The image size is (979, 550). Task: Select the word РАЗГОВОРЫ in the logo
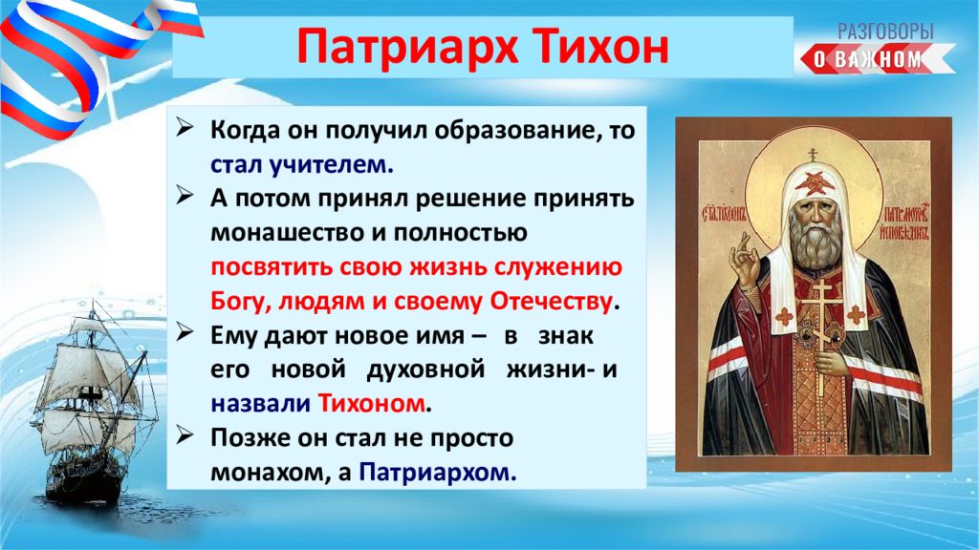coord(884,32)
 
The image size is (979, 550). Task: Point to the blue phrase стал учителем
coord(302,164)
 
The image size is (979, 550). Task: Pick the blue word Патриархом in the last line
coord(438,473)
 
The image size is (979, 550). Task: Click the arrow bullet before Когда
coord(185,128)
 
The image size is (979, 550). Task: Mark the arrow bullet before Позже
coord(185,435)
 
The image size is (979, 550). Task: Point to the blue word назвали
coord(260,404)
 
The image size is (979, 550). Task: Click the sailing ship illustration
coord(94,405)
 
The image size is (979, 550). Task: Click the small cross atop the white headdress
coord(813,154)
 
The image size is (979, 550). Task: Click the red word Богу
coord(241,303)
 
